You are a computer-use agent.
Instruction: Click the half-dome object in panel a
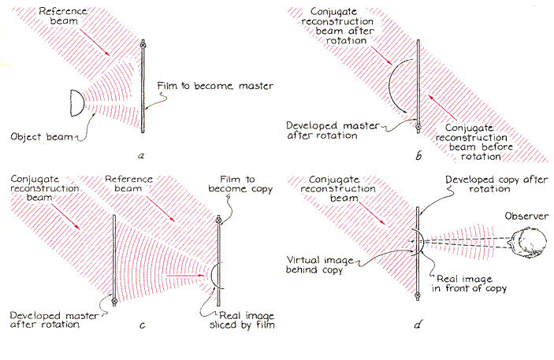tap(76, 100)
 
